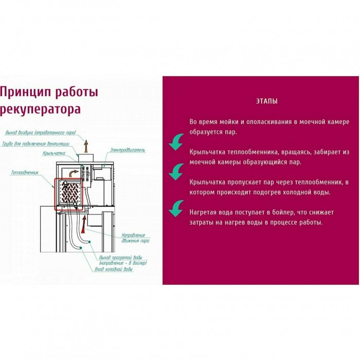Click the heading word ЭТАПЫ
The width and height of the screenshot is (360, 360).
(267, 101)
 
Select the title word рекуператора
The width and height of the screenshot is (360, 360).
(40, 109)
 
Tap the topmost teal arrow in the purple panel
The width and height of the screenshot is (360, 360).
(176, 142)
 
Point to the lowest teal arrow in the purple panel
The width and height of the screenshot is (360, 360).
(176, 208)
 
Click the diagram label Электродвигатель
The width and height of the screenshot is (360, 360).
(128, 150)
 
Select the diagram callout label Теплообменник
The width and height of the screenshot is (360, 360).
(25, 173)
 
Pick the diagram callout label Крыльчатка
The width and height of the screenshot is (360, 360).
(54, 153)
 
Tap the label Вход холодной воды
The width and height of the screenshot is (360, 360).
(114, 269)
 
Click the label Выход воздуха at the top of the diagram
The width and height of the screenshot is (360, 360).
(41, 133)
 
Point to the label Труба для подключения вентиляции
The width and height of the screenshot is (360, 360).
(35, 144)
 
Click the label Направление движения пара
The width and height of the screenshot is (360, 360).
(135, 238)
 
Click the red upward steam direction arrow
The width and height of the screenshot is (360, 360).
(84, 225)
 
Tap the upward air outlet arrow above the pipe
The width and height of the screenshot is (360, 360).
(86, 146)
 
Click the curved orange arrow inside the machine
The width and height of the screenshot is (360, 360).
(74, 173)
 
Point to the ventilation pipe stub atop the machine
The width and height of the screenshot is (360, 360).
(86, 158)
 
